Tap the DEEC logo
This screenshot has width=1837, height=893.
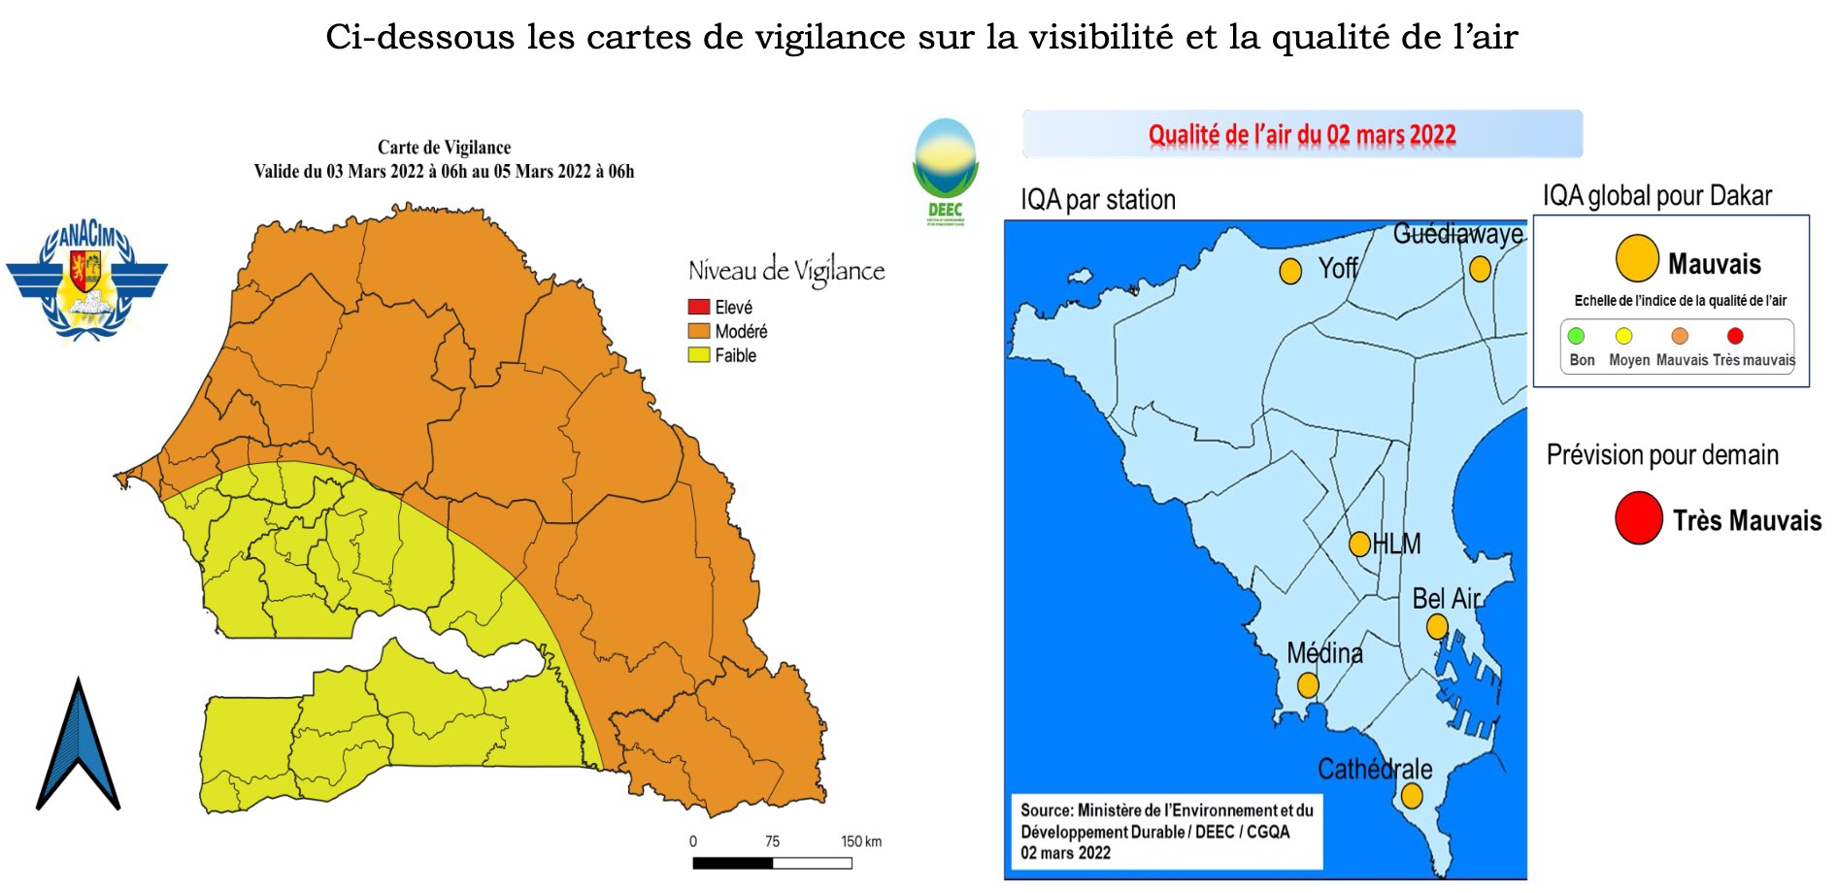coord(945,171)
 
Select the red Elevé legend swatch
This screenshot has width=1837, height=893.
coord(698,307)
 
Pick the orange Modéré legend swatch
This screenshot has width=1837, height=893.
coord(698,331)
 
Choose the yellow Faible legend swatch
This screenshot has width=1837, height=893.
coord(698,355)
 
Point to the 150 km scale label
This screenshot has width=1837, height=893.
coord(860,842)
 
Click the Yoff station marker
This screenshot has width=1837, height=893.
coord(1290,272)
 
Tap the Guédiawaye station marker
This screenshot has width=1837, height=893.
coord(1480,269)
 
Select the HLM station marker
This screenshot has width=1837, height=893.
coord(1360,544)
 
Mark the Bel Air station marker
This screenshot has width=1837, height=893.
coord(1437,627)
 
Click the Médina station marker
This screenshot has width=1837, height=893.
coord(1308,685)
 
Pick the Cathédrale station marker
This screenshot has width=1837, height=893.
coord(1412,796)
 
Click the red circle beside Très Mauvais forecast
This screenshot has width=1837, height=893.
coord(1638,518)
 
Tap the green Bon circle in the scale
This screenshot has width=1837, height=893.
coord(1576,336)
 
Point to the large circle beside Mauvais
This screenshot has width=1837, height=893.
coord(1636,258)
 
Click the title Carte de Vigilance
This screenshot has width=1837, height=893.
coord(444,148)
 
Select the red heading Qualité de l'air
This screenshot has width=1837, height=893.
coord(1301,135)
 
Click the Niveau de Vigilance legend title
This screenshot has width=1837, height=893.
coord(785,271)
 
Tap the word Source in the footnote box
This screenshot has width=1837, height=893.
coord(1046,810)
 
